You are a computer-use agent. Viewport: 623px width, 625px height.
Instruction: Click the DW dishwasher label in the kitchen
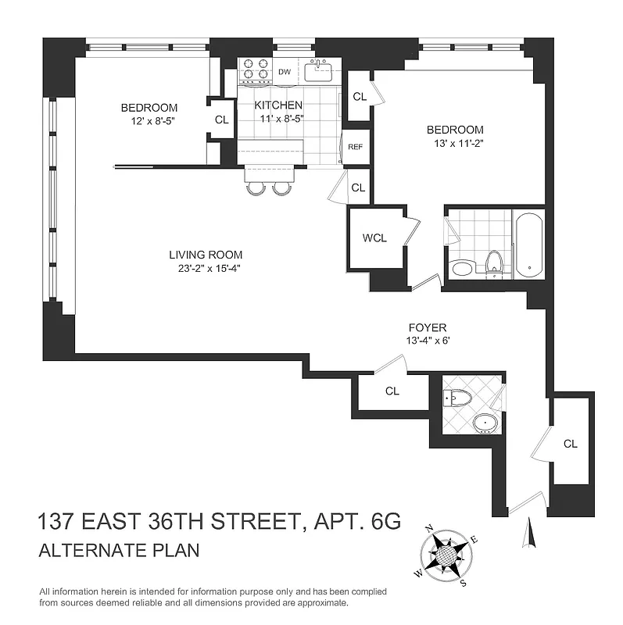tap(285, 72)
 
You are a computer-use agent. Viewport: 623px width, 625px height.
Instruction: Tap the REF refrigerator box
tap(355, 147)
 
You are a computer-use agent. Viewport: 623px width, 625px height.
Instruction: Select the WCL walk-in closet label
tap(375, 239)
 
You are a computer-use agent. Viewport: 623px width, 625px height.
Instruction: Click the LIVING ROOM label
tap(206, 255)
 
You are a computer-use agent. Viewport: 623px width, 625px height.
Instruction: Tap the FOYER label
tap(428, 328)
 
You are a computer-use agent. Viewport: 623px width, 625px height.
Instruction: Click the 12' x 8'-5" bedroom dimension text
tap(149, 120)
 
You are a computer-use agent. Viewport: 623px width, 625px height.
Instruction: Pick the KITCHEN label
tap(279, 105)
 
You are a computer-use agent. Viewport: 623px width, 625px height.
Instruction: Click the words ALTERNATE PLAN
tap(118, 550)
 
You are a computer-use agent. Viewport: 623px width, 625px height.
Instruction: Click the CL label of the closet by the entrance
tap(570, 443)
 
